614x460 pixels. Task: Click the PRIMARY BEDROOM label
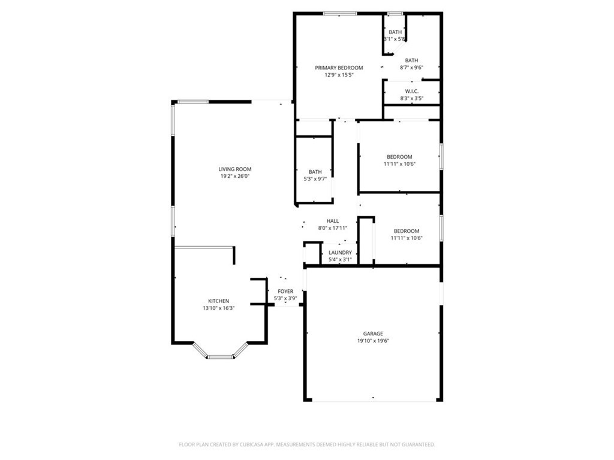(339, 68)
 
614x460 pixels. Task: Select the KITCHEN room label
(218, 301)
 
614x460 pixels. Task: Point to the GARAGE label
(372, 334)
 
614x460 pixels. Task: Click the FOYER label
(285, 291)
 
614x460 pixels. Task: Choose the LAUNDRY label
(340, 253)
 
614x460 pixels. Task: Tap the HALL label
(332, 221)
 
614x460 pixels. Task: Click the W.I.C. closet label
(411, 91)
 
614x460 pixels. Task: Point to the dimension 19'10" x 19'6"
(372, 341)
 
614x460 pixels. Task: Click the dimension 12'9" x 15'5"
(339, 75)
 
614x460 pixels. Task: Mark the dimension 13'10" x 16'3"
(218, 308)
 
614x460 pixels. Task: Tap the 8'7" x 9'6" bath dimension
(411, 68)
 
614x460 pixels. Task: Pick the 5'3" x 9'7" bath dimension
(315, 179)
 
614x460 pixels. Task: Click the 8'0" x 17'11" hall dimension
(332, 228)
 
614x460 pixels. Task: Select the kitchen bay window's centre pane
(220, 357)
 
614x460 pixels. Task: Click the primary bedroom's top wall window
(340, 13)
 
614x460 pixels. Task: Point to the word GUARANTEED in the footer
(418, 444)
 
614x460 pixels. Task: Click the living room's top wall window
(193, 101)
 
